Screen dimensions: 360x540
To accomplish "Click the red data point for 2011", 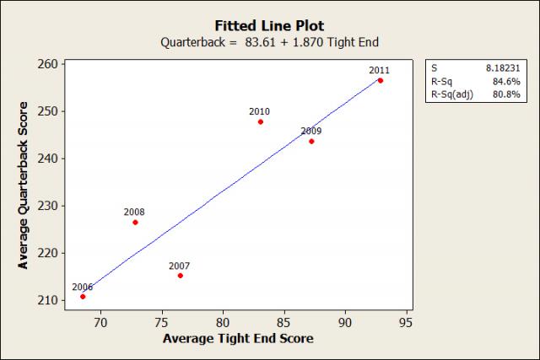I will pyautogui.click(x=380, y=81).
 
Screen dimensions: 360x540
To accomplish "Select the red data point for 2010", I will pyautogui.click(x=260, y=121).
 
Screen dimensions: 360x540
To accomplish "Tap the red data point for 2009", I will pyautogui.click(x=311, y=141).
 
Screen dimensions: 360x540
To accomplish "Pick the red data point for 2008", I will pyautogui.click(x=135, y=222).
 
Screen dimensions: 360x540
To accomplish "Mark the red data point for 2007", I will pyautogui.click(x=180, y=276).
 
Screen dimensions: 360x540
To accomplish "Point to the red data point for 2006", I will pyautogui.click(x=83, y=296).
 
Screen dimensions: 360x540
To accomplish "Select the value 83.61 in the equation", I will pyautogui.click(x=229, y=41).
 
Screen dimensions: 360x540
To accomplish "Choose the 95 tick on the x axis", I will pyautogui.click(x=406, y=321).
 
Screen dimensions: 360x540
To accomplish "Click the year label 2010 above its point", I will pyautogui.click(x=259, y=111).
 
